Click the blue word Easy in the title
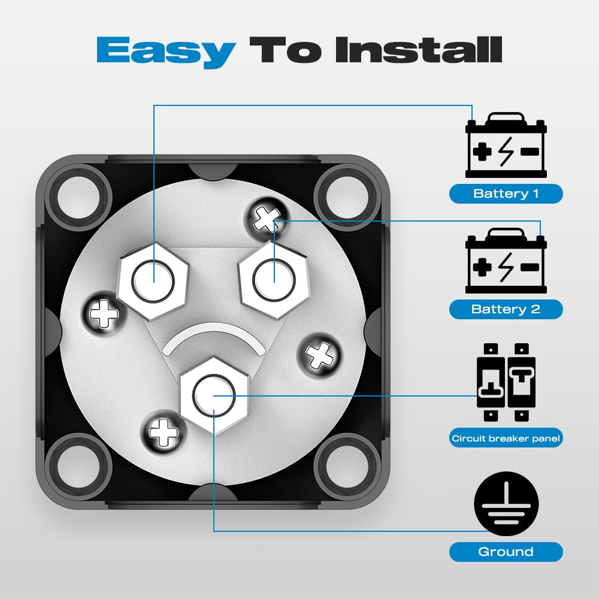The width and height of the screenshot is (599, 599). coord(166,51)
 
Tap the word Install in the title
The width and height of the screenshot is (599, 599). coord(418,50)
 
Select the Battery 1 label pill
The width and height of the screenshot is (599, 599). coord(506,193)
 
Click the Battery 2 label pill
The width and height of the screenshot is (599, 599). coord(506,309)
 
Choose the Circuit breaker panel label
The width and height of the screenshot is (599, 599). coord(506,438)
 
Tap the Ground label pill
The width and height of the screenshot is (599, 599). coord(506,552)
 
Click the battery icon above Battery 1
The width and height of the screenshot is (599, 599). coord(506,145)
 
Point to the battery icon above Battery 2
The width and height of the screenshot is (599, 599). coord(506,261)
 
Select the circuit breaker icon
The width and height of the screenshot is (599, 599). coord(506,382)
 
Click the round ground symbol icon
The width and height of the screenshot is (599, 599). coord(506,504)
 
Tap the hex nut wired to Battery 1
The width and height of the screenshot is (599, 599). coord(153,281)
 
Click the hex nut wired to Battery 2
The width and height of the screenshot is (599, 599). coord(274,280)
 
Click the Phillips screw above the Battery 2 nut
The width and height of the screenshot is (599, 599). coord(267,219)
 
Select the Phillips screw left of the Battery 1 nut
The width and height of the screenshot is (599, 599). coord(104,314)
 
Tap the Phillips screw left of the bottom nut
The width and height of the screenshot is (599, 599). coord(164,432)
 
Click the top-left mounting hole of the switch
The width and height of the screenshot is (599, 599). coord(78,197)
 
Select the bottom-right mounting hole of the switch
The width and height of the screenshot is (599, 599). coord(347,466)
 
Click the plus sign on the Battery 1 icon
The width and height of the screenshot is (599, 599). coord(482,152)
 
